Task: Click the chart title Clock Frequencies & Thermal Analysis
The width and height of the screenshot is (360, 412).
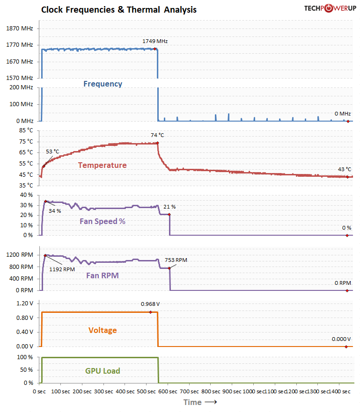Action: point(119,9)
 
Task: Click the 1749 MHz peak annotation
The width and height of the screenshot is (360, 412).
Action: point(155,41)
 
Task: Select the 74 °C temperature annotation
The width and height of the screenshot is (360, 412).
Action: point(157,135)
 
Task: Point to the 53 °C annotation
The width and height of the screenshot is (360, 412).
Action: point(52,152)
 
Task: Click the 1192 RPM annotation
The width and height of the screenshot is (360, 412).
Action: point(62,269)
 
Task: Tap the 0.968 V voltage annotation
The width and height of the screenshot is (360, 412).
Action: point(150,304)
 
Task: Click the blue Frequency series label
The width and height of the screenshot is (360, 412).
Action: point(103,84)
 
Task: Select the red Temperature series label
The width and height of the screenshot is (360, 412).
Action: point(102,165)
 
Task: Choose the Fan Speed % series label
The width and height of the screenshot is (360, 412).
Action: point(102,221)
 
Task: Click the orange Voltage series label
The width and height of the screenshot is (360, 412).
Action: point(103,330)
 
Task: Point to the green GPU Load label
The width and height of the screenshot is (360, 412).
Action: point(103,371)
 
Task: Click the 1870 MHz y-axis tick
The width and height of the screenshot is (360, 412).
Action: point(20,29)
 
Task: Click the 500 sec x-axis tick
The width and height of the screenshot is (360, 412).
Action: point(147,391)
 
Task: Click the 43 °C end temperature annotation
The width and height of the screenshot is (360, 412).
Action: point(345,169)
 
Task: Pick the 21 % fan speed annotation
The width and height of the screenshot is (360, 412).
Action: point(169,207)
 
